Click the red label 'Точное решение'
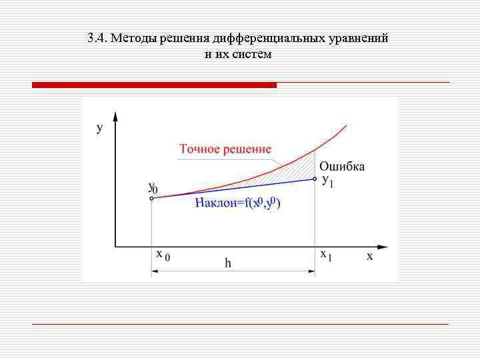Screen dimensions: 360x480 (x=225, y=149)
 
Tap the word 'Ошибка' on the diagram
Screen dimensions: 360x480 (x=342, y=166)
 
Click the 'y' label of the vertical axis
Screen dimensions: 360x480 (x=99, y=128)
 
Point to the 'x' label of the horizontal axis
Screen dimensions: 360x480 (x=369, y=256)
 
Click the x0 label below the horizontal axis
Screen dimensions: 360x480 (x=163, y=255)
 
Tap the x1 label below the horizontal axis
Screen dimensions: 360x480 (x=326, y=255)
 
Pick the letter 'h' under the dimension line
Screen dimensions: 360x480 (x=227, y=263)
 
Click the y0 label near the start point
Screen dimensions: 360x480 (x=152, y=188)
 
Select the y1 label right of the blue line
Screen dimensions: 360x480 (x=328, y=180)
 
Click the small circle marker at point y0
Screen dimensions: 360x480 (x=152, y=198)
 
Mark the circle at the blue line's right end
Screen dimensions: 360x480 (x=315, y=179)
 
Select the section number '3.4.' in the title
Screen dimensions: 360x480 (x=97, y=38)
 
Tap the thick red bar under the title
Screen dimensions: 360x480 (x=154, y=85)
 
